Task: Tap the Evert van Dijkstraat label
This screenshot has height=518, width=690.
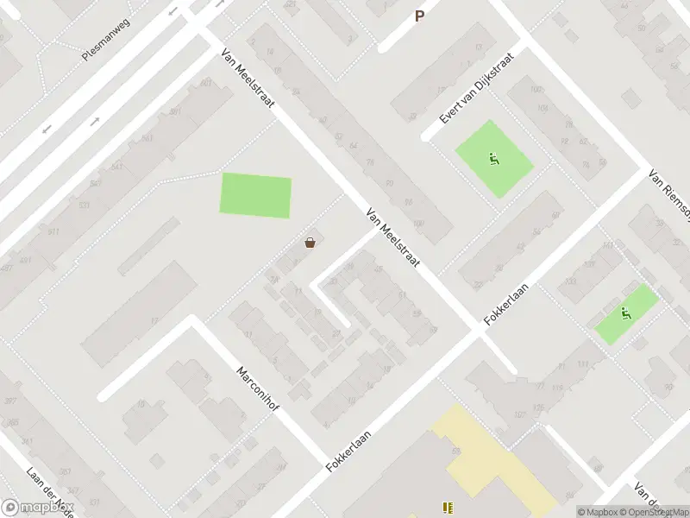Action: (478, 87)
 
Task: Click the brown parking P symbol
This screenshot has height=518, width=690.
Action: (420, 15)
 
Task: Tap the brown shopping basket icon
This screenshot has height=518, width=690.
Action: (310, 243)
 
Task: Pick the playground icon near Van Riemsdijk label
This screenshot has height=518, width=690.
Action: (626, 313)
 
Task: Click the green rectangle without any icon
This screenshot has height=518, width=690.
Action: (256, 196)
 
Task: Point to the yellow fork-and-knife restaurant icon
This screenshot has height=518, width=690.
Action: (447, 508)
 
